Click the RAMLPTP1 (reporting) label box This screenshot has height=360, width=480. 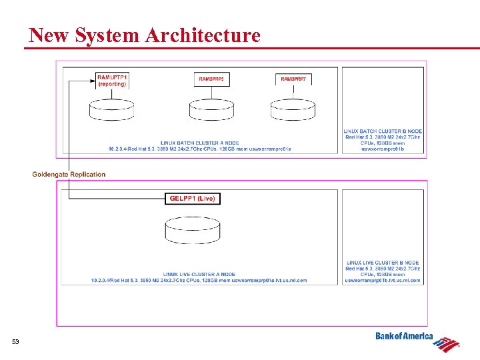coord(112,81)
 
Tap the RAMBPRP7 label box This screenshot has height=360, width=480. coord(293,79)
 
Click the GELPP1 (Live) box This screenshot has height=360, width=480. coord(192,199)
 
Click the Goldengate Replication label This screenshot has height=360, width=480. coord(69,175)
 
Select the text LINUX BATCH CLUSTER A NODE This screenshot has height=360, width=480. coord(199,143)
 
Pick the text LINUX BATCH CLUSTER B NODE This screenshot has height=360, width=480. coord(383,131)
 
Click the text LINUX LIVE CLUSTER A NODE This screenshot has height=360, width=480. coord(199,274)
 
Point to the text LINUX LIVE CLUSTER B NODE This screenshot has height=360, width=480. coord(383,263)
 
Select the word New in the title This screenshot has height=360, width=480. coord(49,35)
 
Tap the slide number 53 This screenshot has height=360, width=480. coord(15,342)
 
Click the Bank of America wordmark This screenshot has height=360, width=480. coord(404,337)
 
